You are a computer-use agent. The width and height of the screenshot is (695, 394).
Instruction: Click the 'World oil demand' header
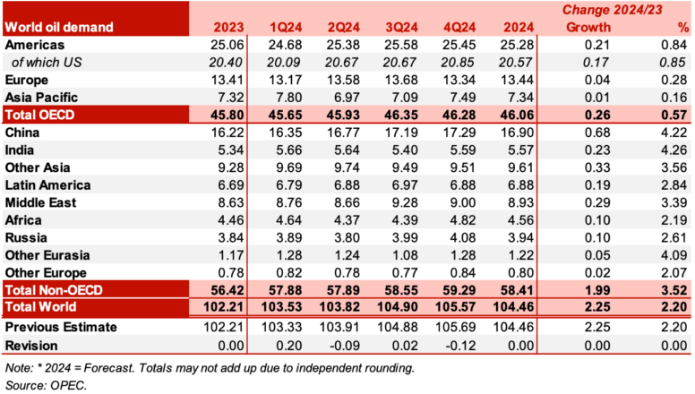click(x=60, y=28)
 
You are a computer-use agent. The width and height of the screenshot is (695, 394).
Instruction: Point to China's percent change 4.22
click(x=672, y=133)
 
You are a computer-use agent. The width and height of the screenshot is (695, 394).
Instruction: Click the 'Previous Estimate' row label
click(x=61, y=327)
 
